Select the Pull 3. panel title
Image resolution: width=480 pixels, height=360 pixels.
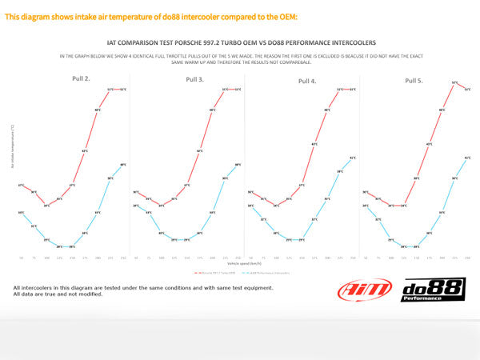[x=194, y=79]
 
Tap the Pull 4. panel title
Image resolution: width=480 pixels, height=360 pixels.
[x=307, y=80]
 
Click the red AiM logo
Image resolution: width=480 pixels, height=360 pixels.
[x=365, y=289]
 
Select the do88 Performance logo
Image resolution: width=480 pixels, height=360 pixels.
[x=433, y=289]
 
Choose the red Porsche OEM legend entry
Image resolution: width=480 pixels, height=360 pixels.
[x=215, y=272]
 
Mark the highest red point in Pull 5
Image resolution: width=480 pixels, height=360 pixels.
[x=454, y=82]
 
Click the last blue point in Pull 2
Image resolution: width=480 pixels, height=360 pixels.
[x=122, y=165]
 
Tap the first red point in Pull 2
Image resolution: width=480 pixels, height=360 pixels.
[x=21, y=186]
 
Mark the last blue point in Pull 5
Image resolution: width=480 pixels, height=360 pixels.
[x=467, y=158]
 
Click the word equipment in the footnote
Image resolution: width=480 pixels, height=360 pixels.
[x=254, y=286]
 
